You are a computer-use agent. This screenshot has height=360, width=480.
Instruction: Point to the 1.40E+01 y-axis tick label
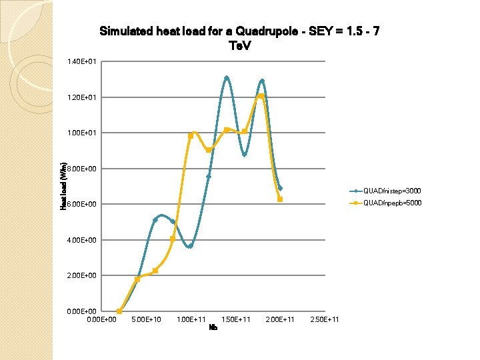click(83, 62)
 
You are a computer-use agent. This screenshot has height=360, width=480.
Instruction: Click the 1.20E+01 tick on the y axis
click(83, 97)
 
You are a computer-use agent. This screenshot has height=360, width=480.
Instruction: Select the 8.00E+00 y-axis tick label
click(83, 169)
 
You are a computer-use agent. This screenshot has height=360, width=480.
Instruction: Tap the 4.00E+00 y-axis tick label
click(83, 240)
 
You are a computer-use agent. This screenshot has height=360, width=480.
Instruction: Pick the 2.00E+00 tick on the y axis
click(83, 275)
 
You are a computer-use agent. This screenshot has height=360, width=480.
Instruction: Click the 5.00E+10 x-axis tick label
click(146, 320)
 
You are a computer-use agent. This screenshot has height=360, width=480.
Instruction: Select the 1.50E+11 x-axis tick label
click(235, 320)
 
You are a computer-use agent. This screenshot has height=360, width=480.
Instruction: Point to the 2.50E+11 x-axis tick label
click(325, 320)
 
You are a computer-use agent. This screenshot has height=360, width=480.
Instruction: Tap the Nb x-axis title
click(213, 327)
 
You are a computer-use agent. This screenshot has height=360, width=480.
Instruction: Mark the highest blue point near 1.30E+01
click(227, 78)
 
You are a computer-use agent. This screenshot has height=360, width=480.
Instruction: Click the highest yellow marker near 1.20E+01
click(262, 96)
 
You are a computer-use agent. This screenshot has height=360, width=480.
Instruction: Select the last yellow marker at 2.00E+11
click(280, 199)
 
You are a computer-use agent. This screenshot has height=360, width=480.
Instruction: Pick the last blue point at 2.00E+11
click(280, 188)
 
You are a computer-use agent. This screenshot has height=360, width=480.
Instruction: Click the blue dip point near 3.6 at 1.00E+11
click(190, 246)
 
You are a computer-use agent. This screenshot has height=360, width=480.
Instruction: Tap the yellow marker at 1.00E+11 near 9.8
click(191, 136)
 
